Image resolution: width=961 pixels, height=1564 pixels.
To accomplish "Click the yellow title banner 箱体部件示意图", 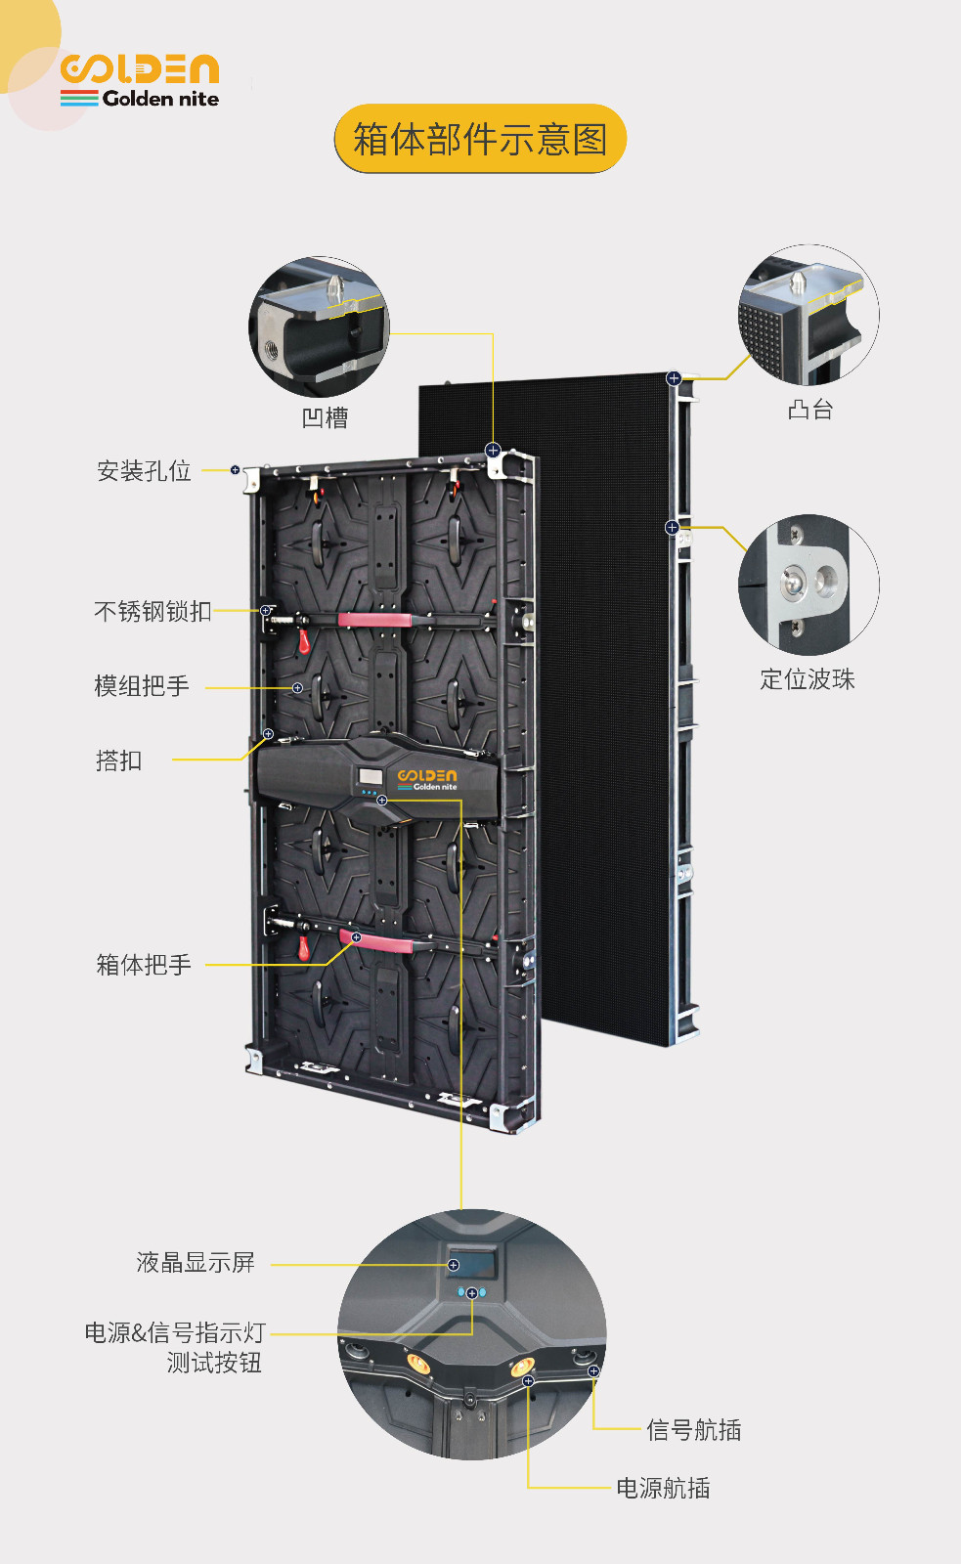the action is pyautogui.click(x=481, y=138).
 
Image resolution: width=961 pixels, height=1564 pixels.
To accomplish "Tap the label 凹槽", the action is pyautogui.click(x=325, y=417).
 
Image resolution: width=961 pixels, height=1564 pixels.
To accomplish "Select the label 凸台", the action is pyautogui.click(x=810, y=410).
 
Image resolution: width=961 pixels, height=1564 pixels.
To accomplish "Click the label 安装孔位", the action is pyautogui.click(x=144, y=470).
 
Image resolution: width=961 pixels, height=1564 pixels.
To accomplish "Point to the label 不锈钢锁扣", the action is pyautogui.click(x=153, y=611).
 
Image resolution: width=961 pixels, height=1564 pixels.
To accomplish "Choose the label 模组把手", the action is pyautogui.click(x=142, y=685).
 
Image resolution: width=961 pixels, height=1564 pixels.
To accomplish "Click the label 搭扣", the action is pyautogui.click(x=118, y=760).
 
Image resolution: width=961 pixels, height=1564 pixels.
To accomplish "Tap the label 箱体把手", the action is pyautogui.click(x=144, y=964).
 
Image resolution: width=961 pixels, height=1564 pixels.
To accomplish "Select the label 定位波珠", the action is pyautogui.click(x=808, y=678).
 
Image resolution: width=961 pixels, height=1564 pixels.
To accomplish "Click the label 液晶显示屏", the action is pyautogui.click(x=196, y=1262).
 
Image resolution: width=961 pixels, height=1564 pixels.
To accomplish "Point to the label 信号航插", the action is pyautogui.click(x=693, y=1430).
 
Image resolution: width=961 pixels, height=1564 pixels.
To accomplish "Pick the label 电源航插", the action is pyautogui.click(x=663, y=1488).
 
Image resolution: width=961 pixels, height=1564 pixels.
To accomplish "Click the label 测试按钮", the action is pyautogui.click(x=214, y=1363).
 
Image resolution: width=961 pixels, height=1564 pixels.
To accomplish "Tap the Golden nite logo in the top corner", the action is pyautogui.click(x=140, y=80).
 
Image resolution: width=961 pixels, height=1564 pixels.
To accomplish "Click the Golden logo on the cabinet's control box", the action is pyautogui.click(x=426, y=779).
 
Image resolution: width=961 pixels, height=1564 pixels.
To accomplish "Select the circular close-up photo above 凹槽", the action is pyautogui.click(x=319, y=326).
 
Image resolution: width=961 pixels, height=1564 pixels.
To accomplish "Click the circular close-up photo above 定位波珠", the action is pyautogui.click(x=808, y=586).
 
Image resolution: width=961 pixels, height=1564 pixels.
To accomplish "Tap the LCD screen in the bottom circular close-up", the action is pyautogui.click(x=472, y=1262).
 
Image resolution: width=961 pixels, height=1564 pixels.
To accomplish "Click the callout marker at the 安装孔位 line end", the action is pyautogui.click(x=236, y=470).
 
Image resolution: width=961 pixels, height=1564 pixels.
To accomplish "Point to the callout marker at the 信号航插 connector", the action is pyautogui.click(x=593, y=1371).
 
